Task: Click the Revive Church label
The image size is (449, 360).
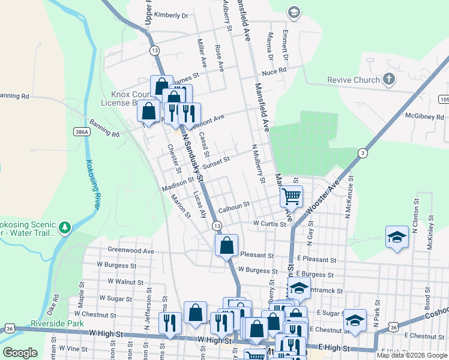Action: (x=354, y=80)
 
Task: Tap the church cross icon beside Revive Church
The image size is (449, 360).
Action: (x=389, y=79)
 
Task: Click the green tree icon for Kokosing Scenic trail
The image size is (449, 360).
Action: (x=64, y=227)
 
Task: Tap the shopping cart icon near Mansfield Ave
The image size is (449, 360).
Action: (x=291, y=196)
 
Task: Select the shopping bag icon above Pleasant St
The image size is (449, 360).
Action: (x=226, y=245)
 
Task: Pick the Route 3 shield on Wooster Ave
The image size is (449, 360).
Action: (x=363, y=153)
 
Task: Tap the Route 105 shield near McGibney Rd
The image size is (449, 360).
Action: (x=443, y=98)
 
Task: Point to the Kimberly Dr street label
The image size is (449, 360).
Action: (x=171, y=15)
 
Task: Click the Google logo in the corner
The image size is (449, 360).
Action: (x=20, y=352)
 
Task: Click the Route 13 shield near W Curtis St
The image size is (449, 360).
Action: (x=216, y=225)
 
